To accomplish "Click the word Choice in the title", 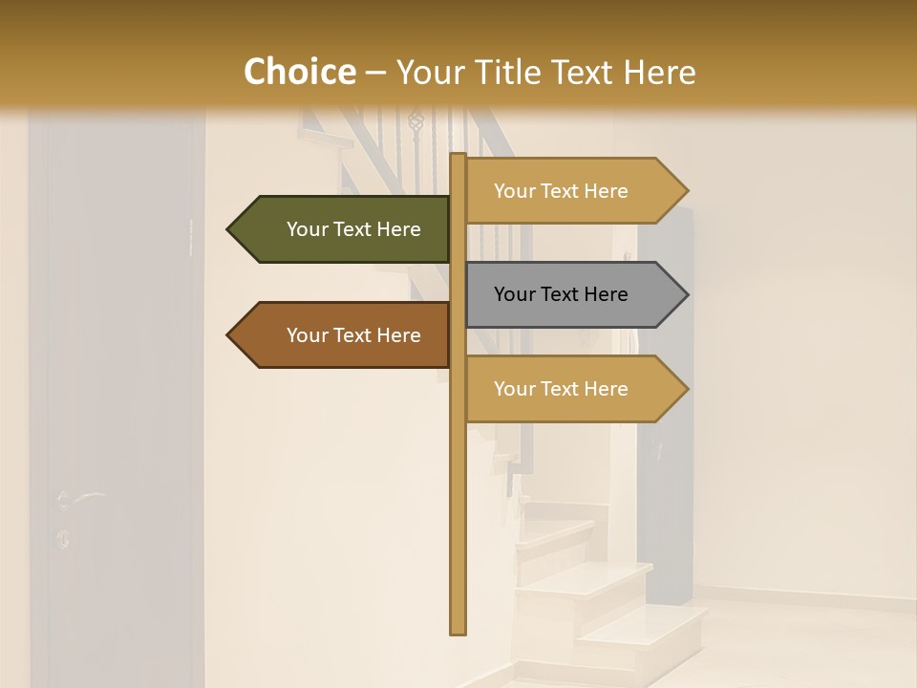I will (x=299, y=72).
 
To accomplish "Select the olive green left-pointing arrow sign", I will (x=344, y=229).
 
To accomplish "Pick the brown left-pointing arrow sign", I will (x=344, y=335).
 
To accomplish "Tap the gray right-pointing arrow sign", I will (x=569, y=294).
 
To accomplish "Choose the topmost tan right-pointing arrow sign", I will (x=569, y=191).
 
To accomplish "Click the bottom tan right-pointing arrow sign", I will (x=569, y=389).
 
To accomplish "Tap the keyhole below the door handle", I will (x=63, y=538).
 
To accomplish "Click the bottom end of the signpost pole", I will (x=458, y=631).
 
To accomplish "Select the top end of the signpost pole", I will (x=458, y=156).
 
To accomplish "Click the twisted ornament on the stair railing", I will (x=416, y=120).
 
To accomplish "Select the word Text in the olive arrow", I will (x=353, y=229).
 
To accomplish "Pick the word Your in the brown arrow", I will (x=307, y=335).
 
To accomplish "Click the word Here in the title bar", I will (x=659, y=72).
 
